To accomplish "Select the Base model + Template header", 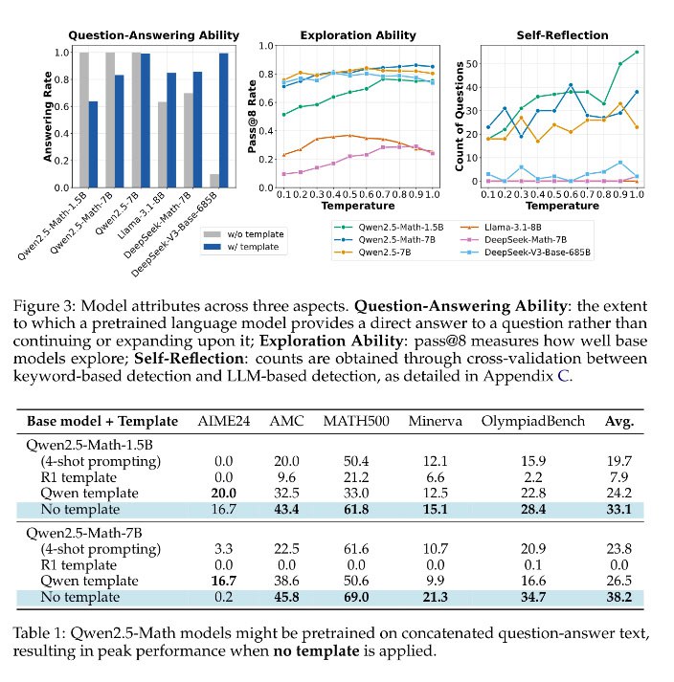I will pyautogui.click(x=102, y=422).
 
